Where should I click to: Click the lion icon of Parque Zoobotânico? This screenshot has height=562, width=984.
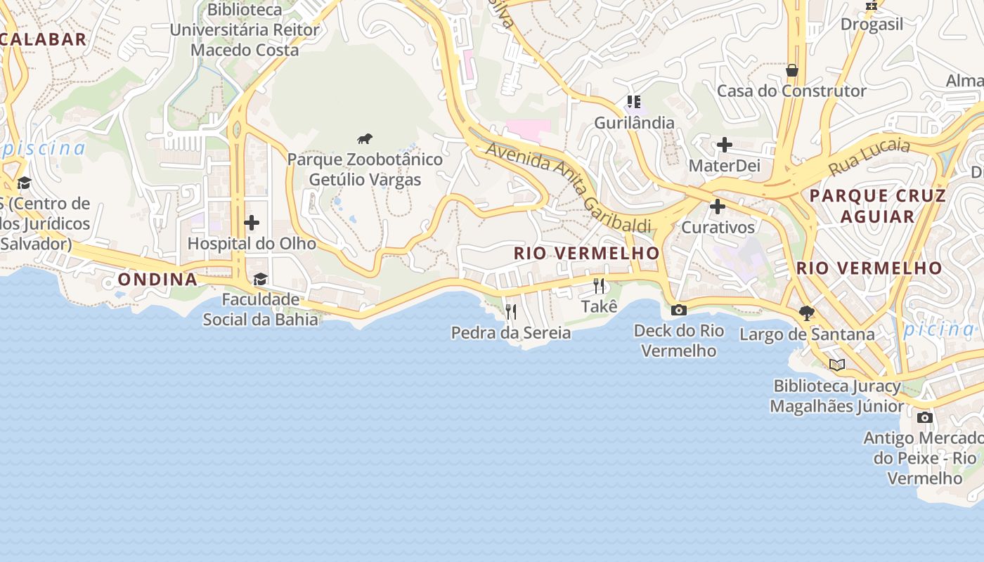pyautogui.click(x=364, y=138)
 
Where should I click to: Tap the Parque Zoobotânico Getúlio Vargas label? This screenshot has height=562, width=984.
pyautogui.click(x=365, y=169)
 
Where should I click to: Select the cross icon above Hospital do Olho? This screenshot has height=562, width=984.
pyautogui.click(x=252, y=223)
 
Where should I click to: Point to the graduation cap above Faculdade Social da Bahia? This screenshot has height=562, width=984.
pyautogui.click(x=260, y=279)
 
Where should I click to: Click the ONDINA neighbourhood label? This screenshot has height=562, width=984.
pyautogui.click(x=157, y=279)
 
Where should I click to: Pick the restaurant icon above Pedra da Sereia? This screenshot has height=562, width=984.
pyautogui.click(x=511, y=311)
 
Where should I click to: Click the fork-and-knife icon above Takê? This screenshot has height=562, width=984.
pyautogui.click(x=599, y=285)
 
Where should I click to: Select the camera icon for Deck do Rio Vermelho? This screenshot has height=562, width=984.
pyautogui.click(x=679, y=310)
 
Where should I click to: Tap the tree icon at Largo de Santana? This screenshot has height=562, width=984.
pyautogui.click(x=807, y=313)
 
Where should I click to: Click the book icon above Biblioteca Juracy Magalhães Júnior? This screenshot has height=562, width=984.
pyautogui.click(x=836, y=365)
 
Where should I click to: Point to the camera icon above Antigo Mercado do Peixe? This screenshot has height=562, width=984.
pyautogui.click(x=925, y=417)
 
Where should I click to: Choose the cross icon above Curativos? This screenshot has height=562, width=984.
pyautogui.click(x=718, y=207)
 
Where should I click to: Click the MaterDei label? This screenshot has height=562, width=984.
pyautogui.click(x=725, y=165)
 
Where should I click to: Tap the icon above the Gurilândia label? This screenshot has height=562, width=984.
pyautogui.click(x=635, y=102)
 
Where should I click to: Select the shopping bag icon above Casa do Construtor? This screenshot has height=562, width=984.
pyautogui.click(x=792, y=70)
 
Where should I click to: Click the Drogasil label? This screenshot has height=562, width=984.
pyautogui.click(x=872, y=24)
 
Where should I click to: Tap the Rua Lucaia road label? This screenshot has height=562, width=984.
pyautogui.click(x=869, y=157)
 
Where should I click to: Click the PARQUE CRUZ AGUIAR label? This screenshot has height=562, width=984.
pyautogui.click(x=878, y=205)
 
